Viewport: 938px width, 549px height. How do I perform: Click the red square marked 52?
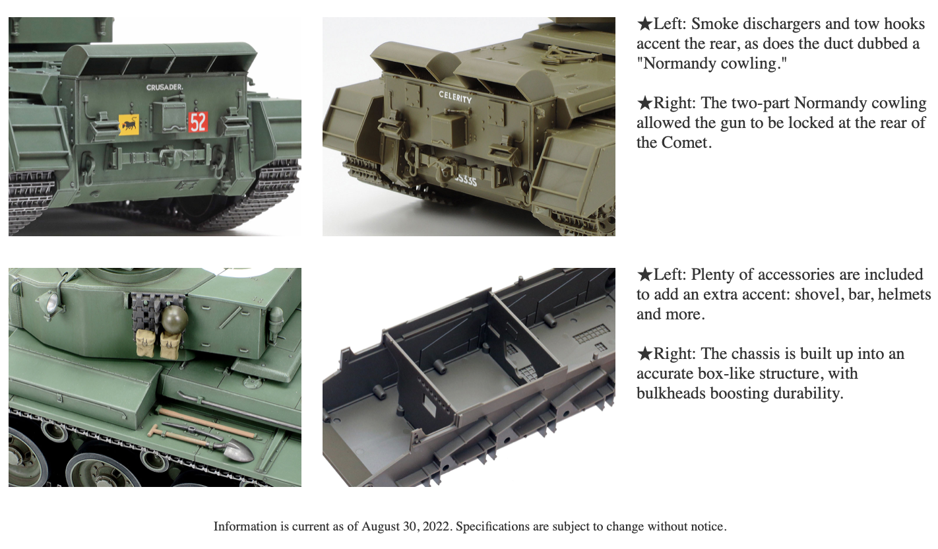tap(198, 122)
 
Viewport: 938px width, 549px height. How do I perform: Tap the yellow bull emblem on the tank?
tap(129, 124)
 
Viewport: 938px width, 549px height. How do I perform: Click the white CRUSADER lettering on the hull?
tap(164, 88)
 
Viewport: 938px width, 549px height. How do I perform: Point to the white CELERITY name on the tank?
tap(455, 97)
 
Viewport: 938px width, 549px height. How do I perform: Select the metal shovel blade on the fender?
tap(239, 451)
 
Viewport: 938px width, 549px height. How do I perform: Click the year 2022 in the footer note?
tap(437, 527)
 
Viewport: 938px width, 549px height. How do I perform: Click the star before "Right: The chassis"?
tap(645, 354)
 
